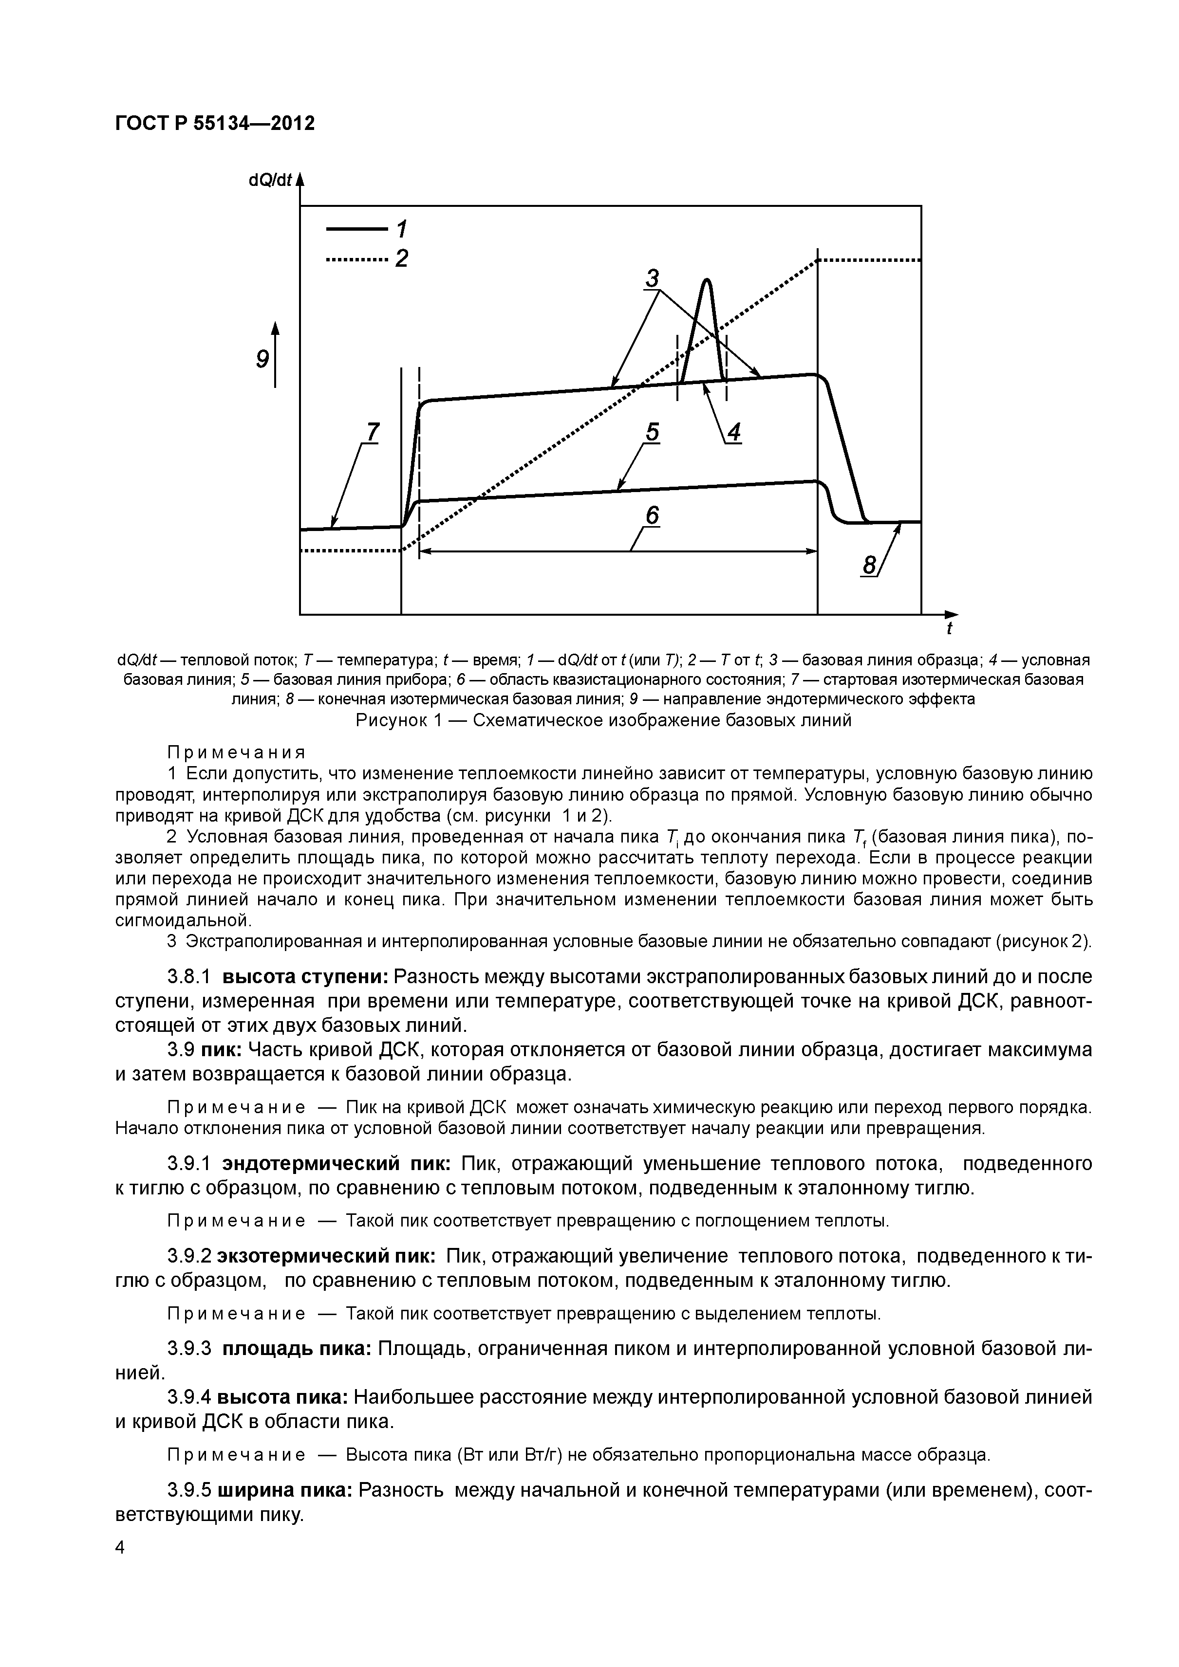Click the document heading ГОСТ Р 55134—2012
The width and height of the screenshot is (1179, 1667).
pyautogui.click(x=215, y=124)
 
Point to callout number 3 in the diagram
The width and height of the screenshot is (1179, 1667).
pyautogui.click(x=653, y=277)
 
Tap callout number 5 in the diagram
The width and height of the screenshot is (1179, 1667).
pyautogui.click(x=653, y=433)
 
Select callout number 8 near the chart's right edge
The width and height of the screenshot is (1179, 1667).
pyautogui.click(x=868, y=565)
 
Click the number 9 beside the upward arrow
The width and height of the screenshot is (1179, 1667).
pyautogui.click(x=262, y=359)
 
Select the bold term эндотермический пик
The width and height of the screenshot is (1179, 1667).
pyautogui.click(x=336, y=1164)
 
